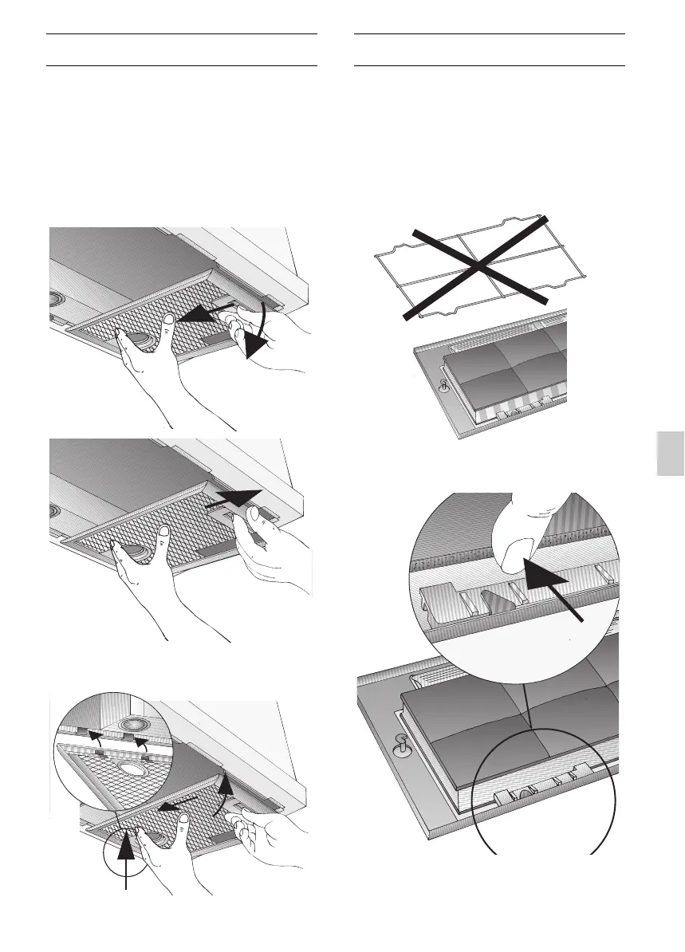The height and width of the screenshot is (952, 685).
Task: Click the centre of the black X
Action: (x=476, y=266)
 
